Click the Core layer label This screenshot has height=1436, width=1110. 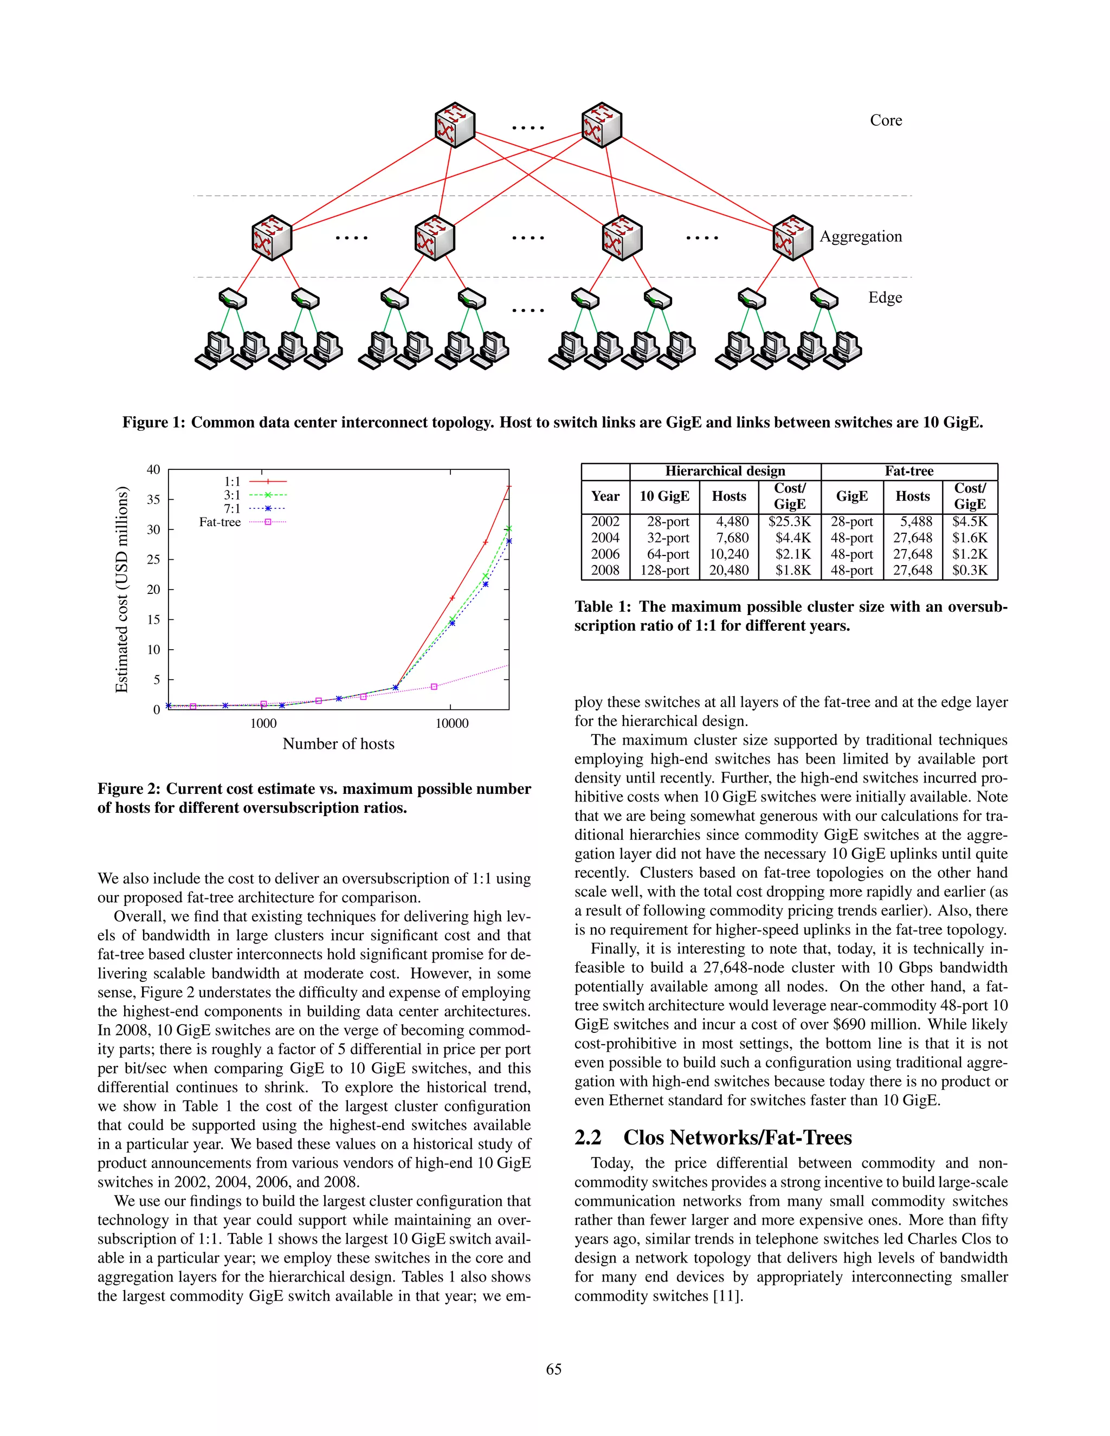885,120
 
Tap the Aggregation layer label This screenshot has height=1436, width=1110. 860,237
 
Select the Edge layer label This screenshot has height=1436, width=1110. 885,298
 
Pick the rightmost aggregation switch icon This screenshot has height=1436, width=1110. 792,237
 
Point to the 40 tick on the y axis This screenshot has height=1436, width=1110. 153,469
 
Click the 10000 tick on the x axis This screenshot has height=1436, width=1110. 452,723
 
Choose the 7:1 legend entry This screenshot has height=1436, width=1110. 232,509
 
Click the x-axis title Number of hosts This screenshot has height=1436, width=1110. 338,743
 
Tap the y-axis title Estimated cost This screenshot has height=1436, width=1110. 121,589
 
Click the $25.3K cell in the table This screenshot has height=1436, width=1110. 789,521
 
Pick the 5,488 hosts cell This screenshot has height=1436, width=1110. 916,521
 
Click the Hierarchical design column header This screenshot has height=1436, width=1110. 725,471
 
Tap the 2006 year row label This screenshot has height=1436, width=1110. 604,554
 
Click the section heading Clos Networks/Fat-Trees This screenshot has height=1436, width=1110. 737,1137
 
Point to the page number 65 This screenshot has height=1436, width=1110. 554,1368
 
